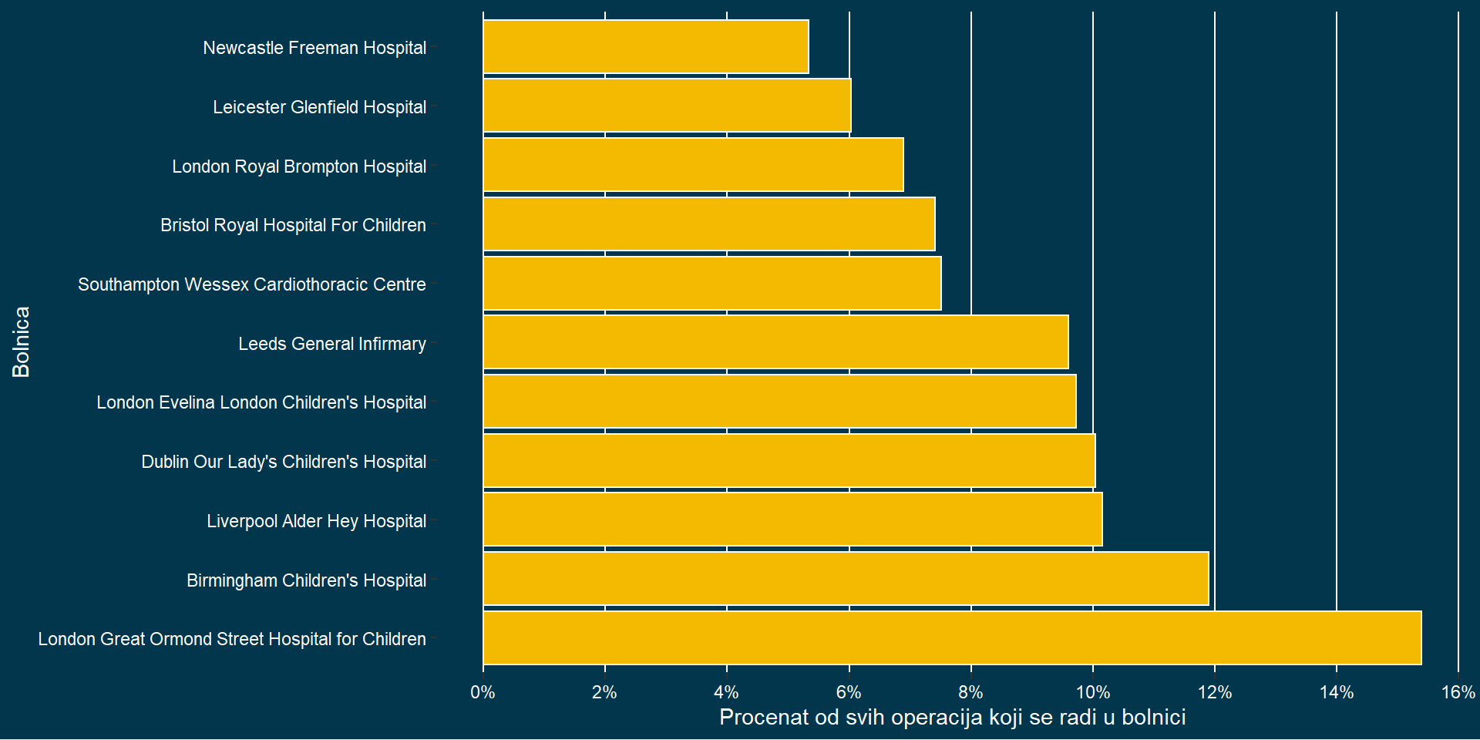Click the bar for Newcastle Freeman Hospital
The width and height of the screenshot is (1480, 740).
646,47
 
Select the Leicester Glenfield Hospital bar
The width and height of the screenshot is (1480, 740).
667,106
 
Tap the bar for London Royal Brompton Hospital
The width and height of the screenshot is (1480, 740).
693,165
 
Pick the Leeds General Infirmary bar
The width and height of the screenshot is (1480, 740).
775,342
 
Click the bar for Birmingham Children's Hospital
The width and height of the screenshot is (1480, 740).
846,579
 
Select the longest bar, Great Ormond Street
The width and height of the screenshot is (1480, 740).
952,638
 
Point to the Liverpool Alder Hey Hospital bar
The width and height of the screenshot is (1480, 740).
792,520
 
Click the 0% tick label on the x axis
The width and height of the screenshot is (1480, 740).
483,692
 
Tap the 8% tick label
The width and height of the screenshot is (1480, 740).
970,692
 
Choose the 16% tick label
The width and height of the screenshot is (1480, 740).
1458,692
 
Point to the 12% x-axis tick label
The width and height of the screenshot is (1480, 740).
1214,692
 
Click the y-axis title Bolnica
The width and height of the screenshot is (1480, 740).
22,342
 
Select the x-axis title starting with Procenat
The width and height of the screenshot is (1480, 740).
952,718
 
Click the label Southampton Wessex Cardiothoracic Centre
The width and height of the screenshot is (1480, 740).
252,284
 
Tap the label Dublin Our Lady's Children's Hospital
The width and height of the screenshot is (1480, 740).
284,462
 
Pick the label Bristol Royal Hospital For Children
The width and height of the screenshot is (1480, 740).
293,225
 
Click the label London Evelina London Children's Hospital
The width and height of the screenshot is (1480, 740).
261,402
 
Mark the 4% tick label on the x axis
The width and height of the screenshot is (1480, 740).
727,692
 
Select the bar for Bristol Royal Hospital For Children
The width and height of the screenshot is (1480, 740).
709,224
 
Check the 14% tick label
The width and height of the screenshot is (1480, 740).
1336,692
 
